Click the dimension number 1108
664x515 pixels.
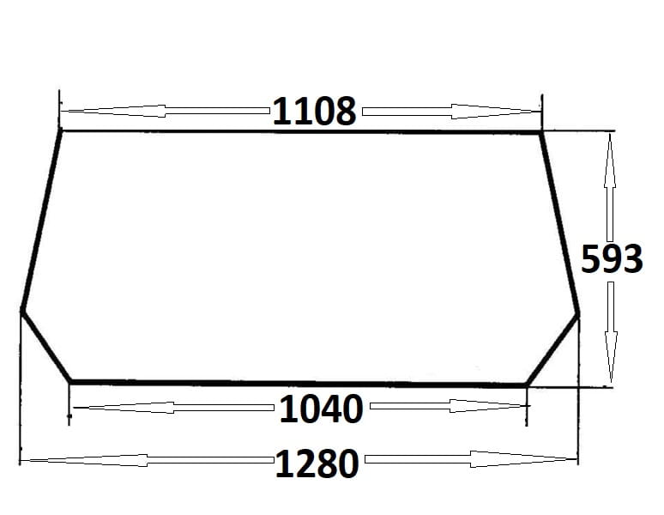(314, 112)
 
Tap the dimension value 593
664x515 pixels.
(612, 258)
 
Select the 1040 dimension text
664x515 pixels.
(322, 409)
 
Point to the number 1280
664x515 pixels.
(317, 463)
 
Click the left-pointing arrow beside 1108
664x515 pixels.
(166, 111)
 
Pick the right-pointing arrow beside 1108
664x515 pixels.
(451, 112)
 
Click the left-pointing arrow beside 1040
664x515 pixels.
(173, 408)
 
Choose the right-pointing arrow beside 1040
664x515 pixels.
(450, 406)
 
